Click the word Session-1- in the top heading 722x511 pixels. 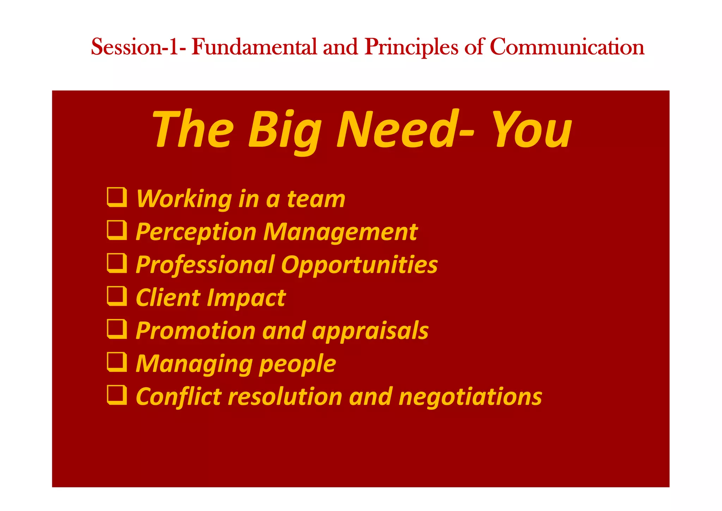[138, 47]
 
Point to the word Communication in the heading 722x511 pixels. [567, 47]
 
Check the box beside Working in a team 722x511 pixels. [117, 197]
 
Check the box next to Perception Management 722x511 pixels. [117, 230]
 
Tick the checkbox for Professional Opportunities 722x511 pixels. [117, 263]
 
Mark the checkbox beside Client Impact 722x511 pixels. [117, 296]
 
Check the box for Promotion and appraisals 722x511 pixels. [117, 329]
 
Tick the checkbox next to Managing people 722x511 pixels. [117, 362]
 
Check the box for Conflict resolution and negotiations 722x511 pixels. [117, 395]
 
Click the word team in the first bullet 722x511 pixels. [316, 199]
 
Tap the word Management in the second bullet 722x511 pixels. [340, 232]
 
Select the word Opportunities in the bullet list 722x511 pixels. [359, 265]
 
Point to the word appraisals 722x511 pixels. [370, 331]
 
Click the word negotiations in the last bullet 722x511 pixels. [470, 397]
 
